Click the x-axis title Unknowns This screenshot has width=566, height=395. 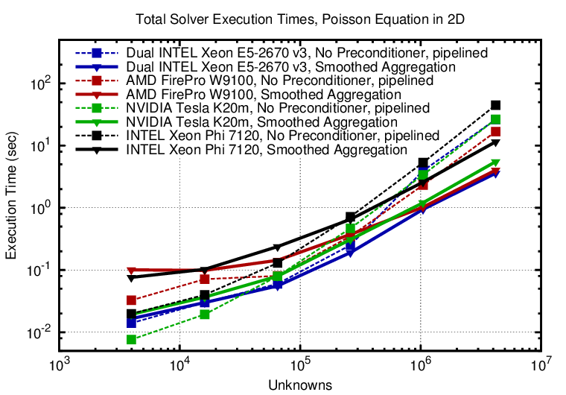(299, 385)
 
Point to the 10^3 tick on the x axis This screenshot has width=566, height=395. (60, 366)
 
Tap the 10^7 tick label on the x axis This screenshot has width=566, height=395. (541, 366)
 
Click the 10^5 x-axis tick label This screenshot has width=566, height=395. (300, 366)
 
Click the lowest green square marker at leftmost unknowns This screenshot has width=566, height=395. (132, 340)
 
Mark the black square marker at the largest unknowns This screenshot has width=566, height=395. (495, 105)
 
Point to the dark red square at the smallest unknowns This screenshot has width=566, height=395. (132, 300)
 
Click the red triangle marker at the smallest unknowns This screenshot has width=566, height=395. (132, 271)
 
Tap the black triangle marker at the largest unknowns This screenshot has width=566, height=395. (495, 142)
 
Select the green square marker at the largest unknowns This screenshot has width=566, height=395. (495, 119)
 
